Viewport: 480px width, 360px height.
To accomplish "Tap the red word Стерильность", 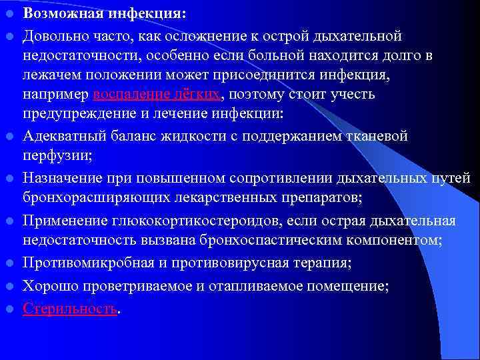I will [x=70, y=309].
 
